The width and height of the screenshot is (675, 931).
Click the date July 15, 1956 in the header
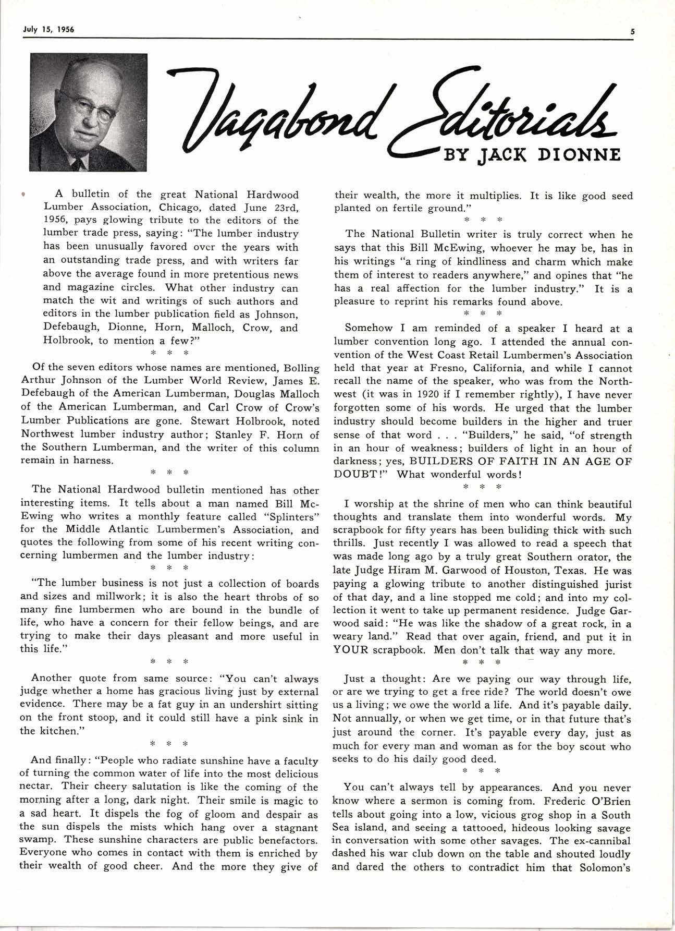[48, 30]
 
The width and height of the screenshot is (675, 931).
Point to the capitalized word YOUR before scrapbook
[351, 650]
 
